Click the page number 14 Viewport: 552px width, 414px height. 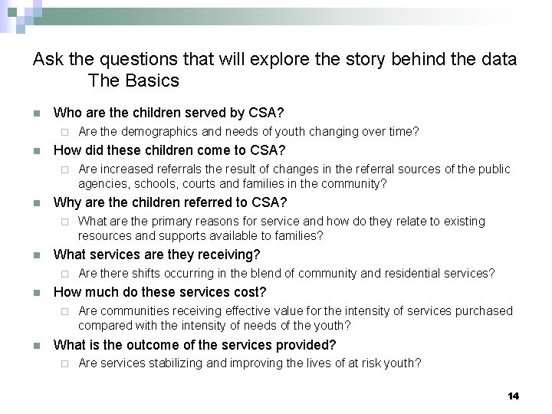(x=513, y=396)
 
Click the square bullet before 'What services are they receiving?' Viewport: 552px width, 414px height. (x=36, y=255)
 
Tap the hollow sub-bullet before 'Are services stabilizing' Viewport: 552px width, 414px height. (x=65, y=363)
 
